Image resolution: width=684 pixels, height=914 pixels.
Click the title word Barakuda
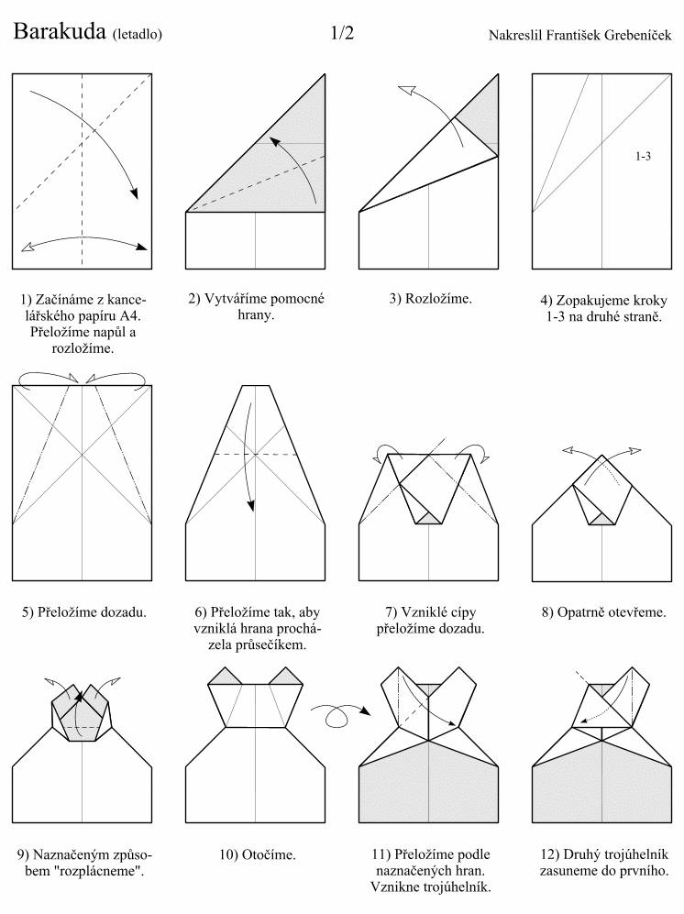tap(59, 31)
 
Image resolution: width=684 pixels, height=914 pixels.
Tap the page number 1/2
tap(342, 33)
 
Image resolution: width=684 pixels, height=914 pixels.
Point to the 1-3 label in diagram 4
tap(643, 156)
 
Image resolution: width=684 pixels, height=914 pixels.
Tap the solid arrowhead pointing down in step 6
tap(250, 505)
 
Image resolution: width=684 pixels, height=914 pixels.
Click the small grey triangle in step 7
tap(428, 518)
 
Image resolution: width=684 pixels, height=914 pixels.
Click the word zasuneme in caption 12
tap(565, 872)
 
